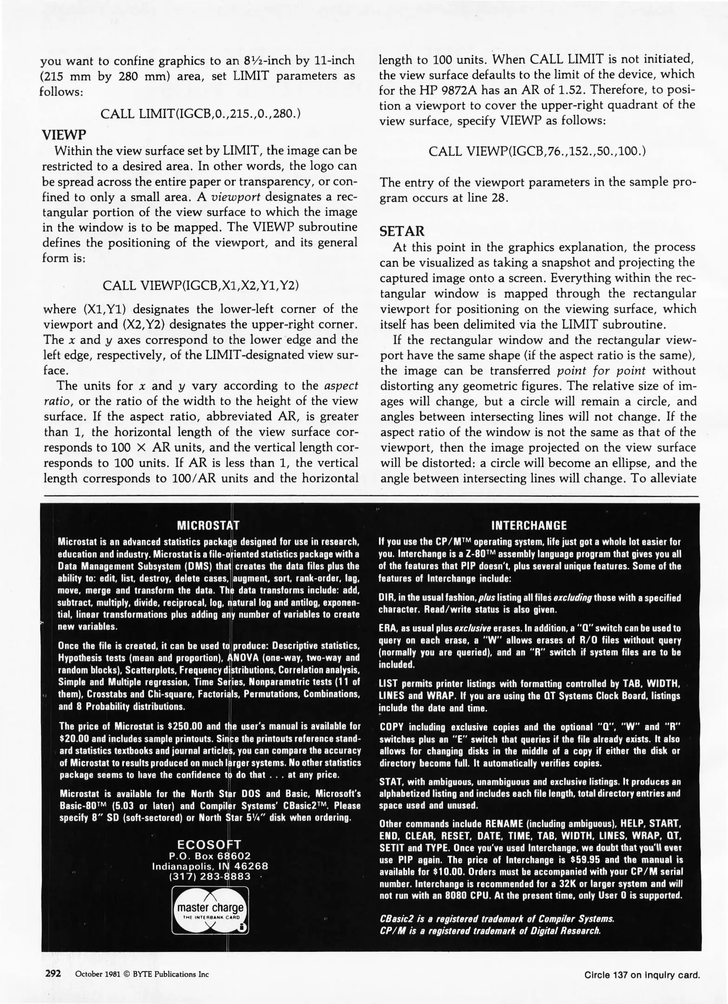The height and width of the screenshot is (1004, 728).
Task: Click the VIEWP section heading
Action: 64,135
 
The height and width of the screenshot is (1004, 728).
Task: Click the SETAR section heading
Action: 401,231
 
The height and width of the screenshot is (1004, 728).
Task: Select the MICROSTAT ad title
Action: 208,525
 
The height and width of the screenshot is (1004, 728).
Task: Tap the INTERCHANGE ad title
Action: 529,525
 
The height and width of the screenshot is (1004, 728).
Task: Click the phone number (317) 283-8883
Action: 210,877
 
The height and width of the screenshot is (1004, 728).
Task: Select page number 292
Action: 53,973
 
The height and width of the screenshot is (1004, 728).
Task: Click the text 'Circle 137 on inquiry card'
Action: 642,975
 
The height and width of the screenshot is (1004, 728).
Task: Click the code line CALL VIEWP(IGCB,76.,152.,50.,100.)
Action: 537,152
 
